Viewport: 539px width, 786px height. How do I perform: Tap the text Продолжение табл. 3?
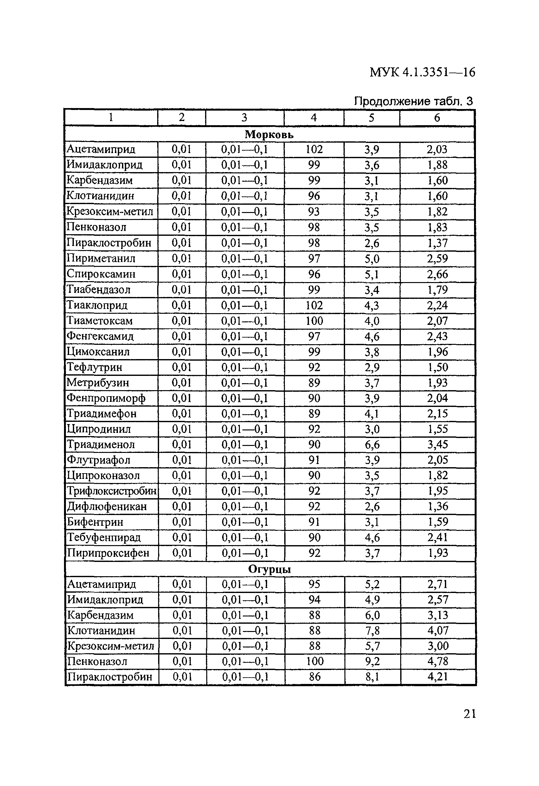coord(413,101)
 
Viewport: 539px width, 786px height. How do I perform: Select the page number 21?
coord(470,714)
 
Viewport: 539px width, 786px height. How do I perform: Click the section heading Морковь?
coord(269,135)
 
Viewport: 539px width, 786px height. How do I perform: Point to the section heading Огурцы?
coord(269,569)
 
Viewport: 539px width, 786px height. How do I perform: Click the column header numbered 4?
coord(313,118)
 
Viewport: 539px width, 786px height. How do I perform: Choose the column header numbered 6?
coord(437,118)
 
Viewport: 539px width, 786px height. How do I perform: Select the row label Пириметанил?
coord(101,258)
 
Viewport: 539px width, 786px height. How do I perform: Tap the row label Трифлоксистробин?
coord(112,491)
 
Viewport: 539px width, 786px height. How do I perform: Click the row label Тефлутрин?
coord(94,367)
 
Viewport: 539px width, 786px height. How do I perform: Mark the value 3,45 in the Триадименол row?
coord(438,444)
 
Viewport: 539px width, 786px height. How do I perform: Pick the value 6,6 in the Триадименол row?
coord(372,445)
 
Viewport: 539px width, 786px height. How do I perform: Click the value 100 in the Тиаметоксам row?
coord(314,321)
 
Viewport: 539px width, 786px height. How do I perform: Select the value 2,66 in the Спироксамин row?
coord(437,274)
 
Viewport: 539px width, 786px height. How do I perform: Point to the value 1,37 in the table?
coord(437,243)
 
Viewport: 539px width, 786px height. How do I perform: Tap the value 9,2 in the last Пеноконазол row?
coord(372,661)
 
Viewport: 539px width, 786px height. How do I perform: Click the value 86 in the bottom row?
coord(314,677)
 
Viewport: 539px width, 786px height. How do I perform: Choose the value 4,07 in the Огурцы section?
coord(438,630)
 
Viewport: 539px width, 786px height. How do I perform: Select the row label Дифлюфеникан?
coord(107,506)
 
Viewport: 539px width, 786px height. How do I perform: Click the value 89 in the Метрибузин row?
coord(314,383)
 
